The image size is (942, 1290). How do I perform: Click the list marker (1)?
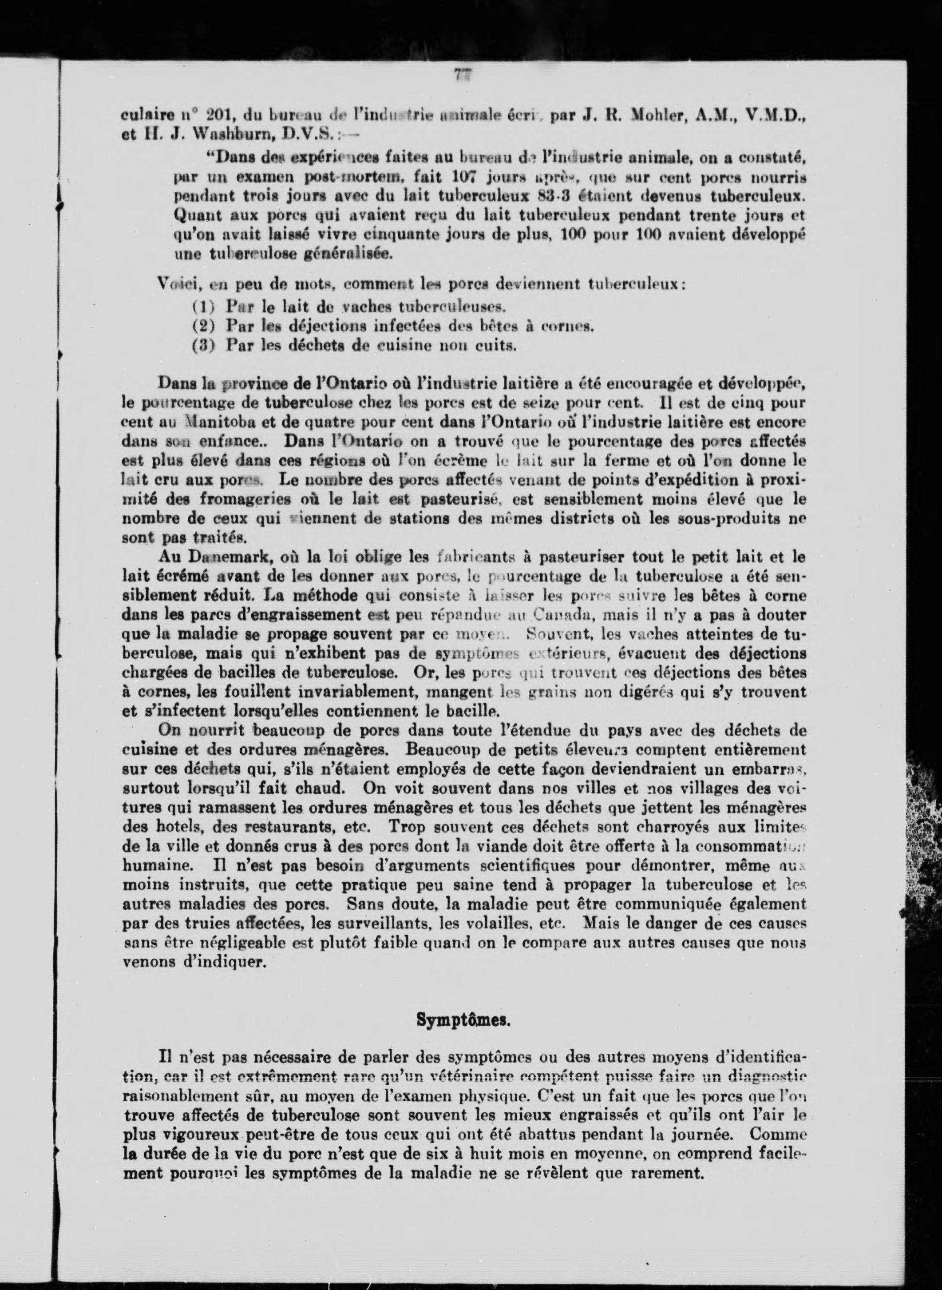(202, 307)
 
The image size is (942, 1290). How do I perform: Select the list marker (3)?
(202, 345)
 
